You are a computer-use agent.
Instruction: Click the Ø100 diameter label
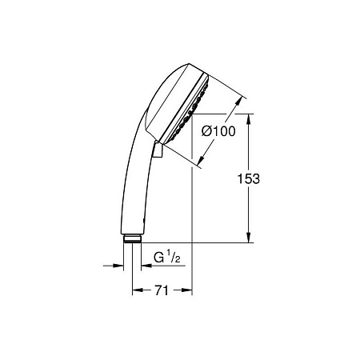218,131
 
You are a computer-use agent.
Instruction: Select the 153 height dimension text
249,178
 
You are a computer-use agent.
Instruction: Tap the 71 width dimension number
162,290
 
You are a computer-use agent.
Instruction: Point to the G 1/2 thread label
167,257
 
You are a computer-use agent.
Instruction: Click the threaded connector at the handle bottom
133,238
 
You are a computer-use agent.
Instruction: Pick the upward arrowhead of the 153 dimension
249,119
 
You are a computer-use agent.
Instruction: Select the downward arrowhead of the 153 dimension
249,238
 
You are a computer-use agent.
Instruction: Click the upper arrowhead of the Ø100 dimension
238,102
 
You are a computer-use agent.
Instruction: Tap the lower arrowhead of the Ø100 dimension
202,159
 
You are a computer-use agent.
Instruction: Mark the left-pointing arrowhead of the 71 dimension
138,290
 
